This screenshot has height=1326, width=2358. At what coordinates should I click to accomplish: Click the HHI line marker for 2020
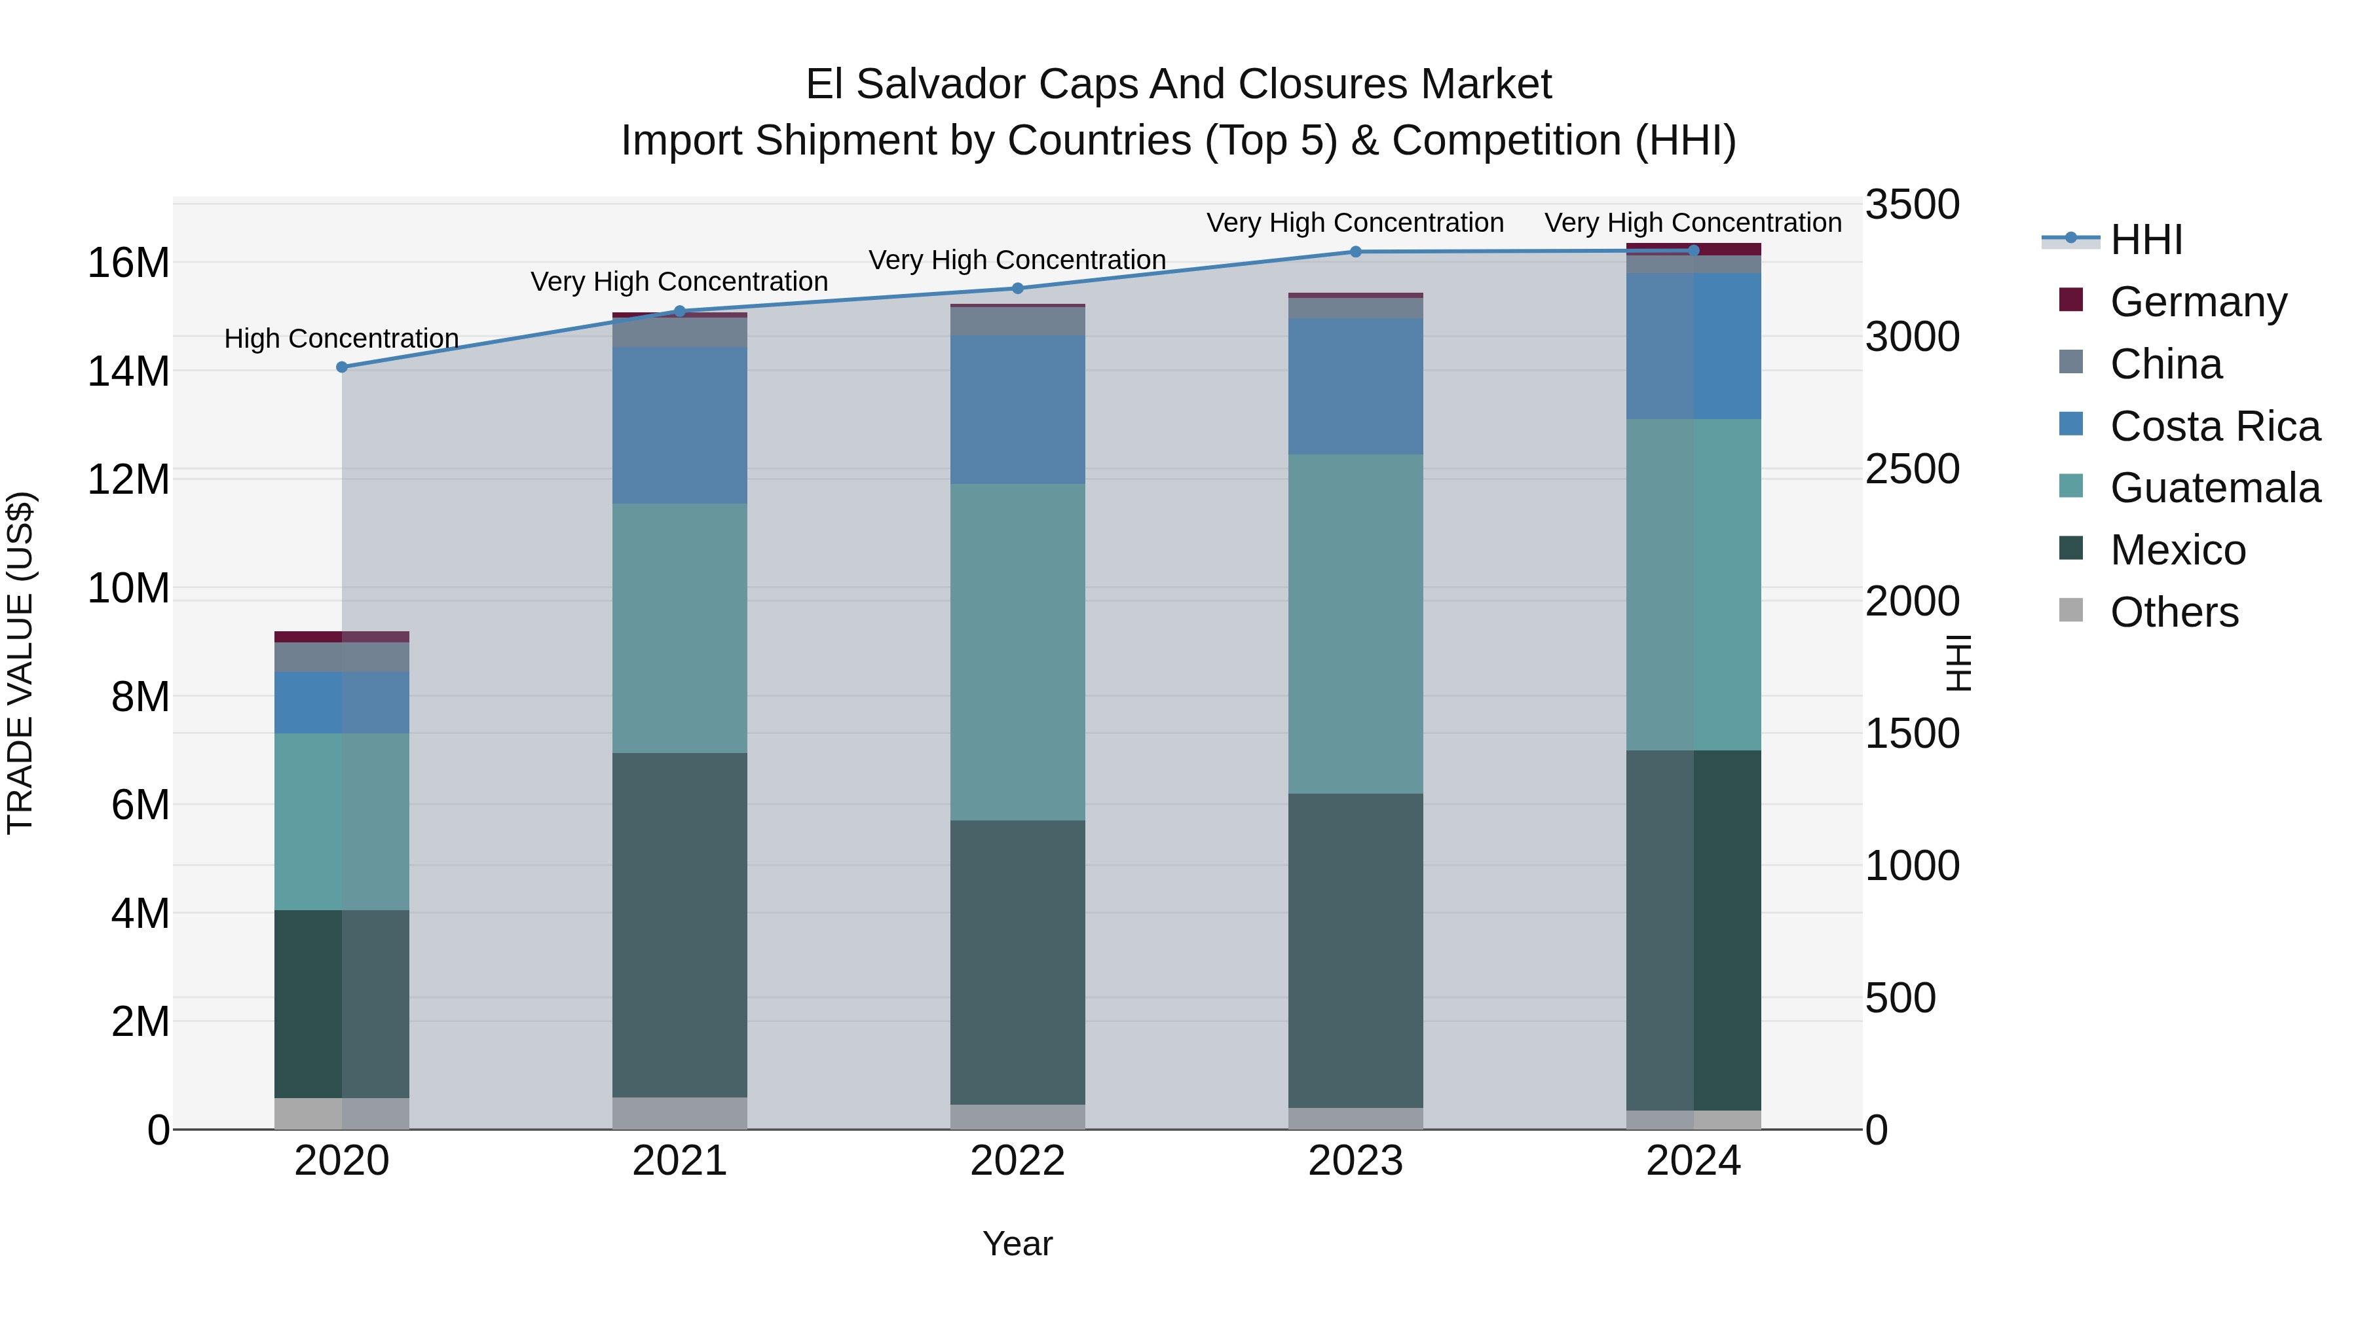coord(341,367)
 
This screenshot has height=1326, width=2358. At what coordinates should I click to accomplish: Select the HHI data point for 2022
coord(1017,288)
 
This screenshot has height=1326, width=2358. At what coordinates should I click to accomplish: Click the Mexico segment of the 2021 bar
coord(679,924)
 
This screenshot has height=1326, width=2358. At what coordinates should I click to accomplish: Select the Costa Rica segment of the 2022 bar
coord(1017,409)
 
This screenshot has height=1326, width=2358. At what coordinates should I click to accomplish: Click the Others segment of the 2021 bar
coord(679,1113)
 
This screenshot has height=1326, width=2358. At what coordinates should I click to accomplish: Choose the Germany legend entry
coord(2198,302)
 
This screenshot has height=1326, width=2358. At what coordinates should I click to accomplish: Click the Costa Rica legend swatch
coord(2070,424)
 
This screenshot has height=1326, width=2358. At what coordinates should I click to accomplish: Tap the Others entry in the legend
coord(2174,612)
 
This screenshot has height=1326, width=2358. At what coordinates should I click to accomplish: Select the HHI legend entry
coord(2146,240)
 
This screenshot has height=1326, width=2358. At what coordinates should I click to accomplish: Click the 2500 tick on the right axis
coord(1912,470)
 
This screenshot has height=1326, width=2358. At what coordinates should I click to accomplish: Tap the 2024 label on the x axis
coord(1693,1161)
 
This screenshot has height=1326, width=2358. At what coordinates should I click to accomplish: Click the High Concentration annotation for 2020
coord(341,339)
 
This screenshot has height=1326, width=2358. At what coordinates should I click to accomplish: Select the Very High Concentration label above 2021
coord(679,282)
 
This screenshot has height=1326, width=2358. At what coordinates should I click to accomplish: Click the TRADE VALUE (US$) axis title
coord(21,663)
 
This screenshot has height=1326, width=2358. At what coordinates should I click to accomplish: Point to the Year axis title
coord(1017,1243)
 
